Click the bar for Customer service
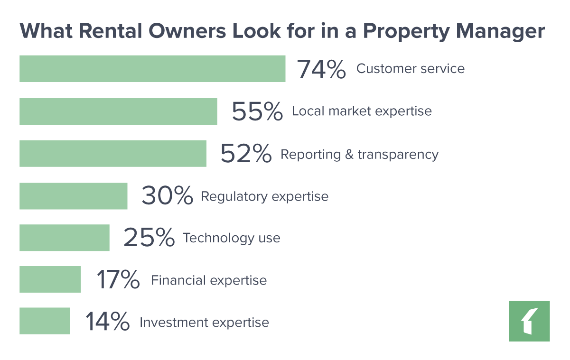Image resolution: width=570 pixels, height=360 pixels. point(152,68)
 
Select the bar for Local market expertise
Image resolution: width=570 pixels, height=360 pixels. point(118,111)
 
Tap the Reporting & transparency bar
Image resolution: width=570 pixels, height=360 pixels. point(113,153)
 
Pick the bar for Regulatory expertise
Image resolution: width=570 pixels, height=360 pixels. point(74,195)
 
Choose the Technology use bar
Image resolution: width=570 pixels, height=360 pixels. point(65,238)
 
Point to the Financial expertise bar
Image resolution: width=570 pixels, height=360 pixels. point(50,279)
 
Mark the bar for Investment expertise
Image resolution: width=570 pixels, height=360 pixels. point(45,321)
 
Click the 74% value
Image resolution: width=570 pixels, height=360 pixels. point(321,69)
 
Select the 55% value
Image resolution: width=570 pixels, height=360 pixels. point(257,112)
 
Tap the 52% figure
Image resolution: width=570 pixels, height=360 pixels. point(246,154)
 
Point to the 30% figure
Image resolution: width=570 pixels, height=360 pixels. point(167,196)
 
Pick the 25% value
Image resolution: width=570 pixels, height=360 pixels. point(149,238)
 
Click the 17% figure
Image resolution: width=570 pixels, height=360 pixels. point(118,280)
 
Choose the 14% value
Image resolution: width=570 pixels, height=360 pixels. point(107,322)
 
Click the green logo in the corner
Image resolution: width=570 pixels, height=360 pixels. point(530,321)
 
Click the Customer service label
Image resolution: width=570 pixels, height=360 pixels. point(411,69)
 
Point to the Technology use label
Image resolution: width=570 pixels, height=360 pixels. point(232,238)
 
